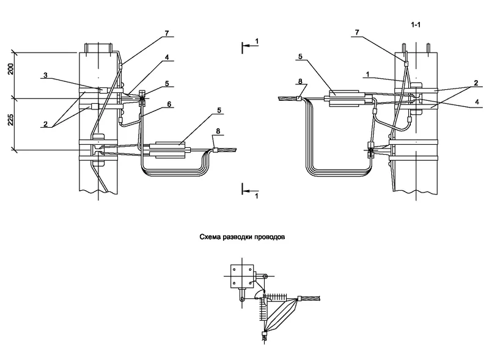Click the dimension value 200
click(x=11, y=69)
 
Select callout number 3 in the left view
click(x=45, y=75)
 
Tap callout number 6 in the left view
click(x=169, y=104)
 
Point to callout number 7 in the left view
click(x=167, y=33)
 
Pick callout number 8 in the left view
click(x=218, y=131)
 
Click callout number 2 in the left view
click(x=45, y=124)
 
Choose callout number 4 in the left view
click(x=167, y=57)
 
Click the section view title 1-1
click(x=416, y=25)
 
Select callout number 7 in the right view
click(x=357, y=32)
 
